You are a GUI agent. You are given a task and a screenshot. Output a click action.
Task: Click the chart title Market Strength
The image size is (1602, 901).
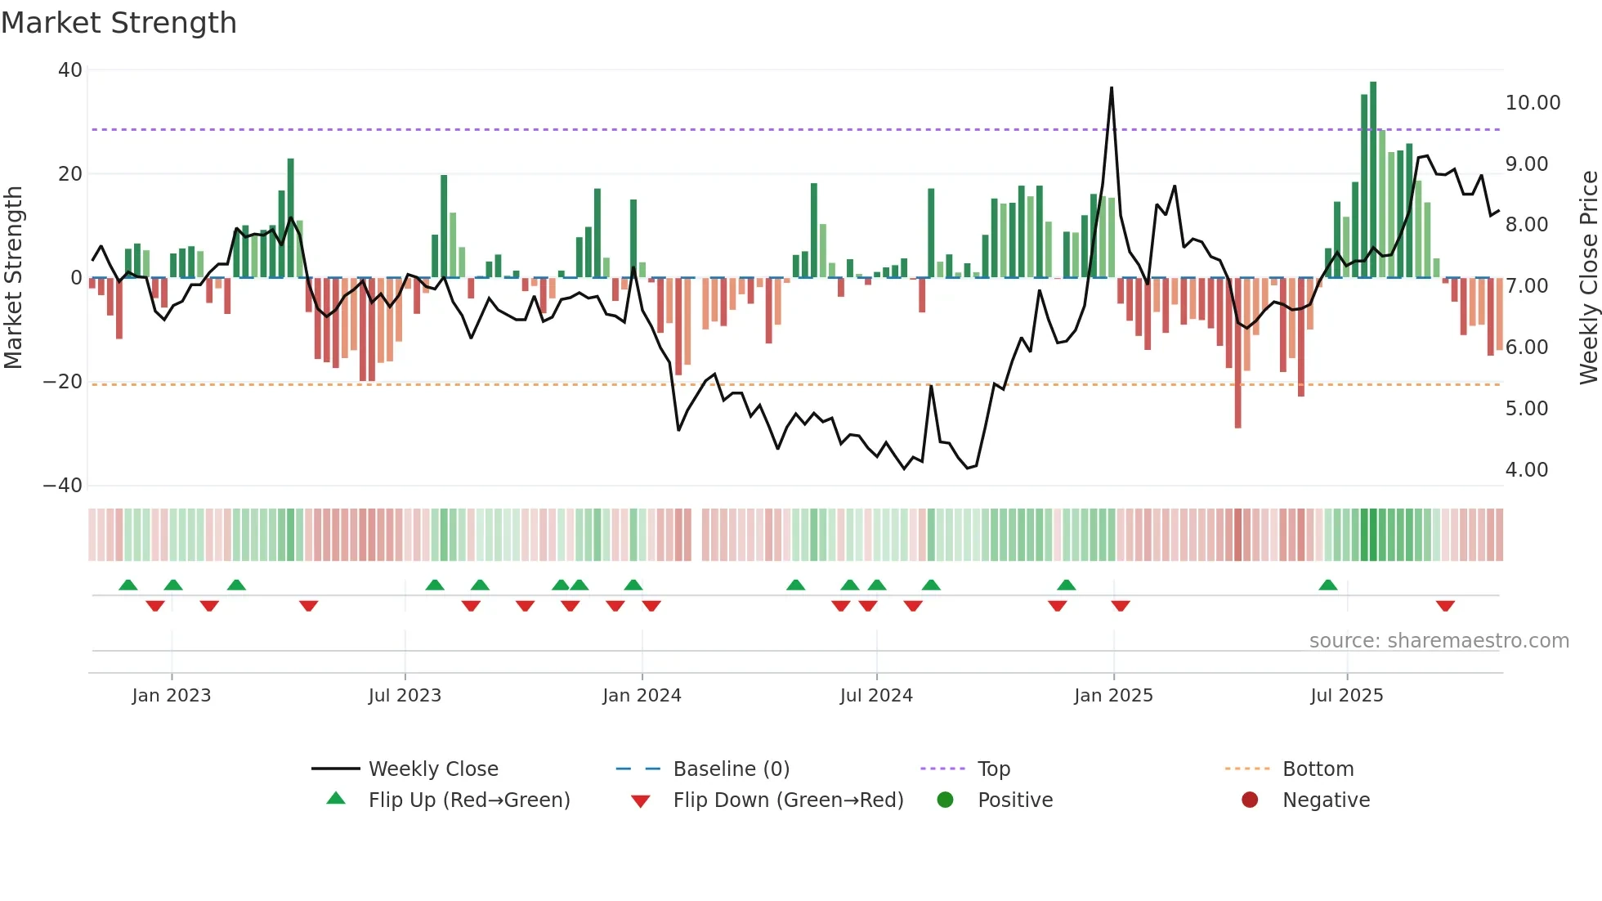[119, 23]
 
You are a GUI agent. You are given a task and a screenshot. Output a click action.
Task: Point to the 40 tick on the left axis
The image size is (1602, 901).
[70, 70]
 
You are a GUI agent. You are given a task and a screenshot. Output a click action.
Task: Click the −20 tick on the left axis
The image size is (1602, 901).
[63, 382]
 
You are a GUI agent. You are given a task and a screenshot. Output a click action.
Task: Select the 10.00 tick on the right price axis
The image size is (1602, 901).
[1533, 103]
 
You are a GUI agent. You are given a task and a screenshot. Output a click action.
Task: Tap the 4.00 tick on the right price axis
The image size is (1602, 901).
[1526, 470]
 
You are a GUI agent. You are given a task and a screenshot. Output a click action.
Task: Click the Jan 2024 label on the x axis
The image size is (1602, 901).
[642, 696]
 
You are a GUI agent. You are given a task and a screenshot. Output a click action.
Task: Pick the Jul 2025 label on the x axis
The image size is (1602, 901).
[1346, 696]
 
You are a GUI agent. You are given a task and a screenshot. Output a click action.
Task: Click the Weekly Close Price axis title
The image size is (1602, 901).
[1588, 278]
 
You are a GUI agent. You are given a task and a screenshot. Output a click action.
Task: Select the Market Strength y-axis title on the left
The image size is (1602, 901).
[14, 278]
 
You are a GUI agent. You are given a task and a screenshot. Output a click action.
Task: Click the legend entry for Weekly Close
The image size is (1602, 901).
[432, 769]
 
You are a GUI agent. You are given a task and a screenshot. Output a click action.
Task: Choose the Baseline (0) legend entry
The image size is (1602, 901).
[731, 769]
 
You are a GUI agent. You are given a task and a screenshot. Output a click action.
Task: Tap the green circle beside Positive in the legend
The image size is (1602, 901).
[945, 800]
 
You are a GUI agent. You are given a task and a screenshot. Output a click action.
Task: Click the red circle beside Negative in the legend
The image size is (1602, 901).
[1249, 800]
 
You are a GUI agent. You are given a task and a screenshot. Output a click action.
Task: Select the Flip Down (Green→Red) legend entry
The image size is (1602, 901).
[788, 800]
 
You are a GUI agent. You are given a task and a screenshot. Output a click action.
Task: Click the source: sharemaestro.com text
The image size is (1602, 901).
[1439, 641]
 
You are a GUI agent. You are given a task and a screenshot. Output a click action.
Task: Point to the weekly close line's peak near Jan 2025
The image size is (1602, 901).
[1112, 88]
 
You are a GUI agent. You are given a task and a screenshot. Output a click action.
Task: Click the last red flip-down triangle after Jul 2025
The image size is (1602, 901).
[1445, 606]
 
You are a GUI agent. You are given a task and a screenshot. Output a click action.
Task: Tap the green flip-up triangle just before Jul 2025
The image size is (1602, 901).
[1328, 585]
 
